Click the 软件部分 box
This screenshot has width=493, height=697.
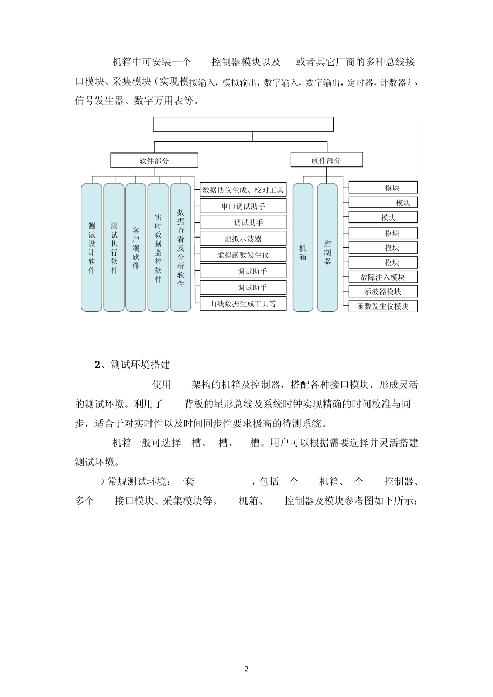pos(154,160)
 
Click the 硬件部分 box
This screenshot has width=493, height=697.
pos(326,160)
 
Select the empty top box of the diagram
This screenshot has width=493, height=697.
pos(243,124)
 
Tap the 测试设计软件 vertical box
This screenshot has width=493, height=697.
pos(91,247)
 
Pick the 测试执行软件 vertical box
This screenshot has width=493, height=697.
pos(114,247)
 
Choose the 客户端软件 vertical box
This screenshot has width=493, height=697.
pos(136,247)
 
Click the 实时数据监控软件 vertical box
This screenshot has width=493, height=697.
pos(158,247)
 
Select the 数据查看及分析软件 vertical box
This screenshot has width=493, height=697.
pos(181,247)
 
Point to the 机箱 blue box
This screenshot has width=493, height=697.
pos(303,247)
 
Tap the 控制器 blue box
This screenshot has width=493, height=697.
pos(327,247)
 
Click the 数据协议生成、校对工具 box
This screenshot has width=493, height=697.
pos(243,190)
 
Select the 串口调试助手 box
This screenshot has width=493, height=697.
pos(243,206)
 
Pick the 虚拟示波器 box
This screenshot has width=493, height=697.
pos(243,239)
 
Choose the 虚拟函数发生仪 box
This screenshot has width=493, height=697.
pos(243,255)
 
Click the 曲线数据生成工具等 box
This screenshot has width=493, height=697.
pos(243,303)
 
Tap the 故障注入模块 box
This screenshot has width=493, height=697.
pos(383,277)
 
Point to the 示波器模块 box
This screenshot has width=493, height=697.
pos(383,291)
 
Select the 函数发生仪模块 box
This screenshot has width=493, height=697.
pos(383,306)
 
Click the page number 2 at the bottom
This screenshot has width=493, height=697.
pos(246,669)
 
